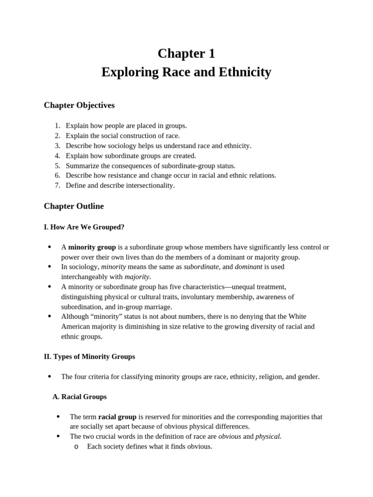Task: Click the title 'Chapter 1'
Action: coord(186,53)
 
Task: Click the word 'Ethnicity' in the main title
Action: coord(241,72)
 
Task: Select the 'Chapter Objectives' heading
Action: coord(79,105)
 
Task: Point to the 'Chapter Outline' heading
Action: coord(74,206)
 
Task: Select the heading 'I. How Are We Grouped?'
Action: coord(84,227)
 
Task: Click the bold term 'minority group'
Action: coord(92,247)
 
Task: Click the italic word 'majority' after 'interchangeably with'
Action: coord(137,277)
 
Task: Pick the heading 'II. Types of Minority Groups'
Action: coord(89,357)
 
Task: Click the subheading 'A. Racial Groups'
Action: coord(80,397)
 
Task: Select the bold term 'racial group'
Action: coord(117,417)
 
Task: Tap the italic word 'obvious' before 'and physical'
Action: coord(229,436)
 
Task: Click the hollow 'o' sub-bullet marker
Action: coord(76,447)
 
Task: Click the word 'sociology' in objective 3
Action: coord(121,146)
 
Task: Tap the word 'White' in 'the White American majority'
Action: coord(297,316)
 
